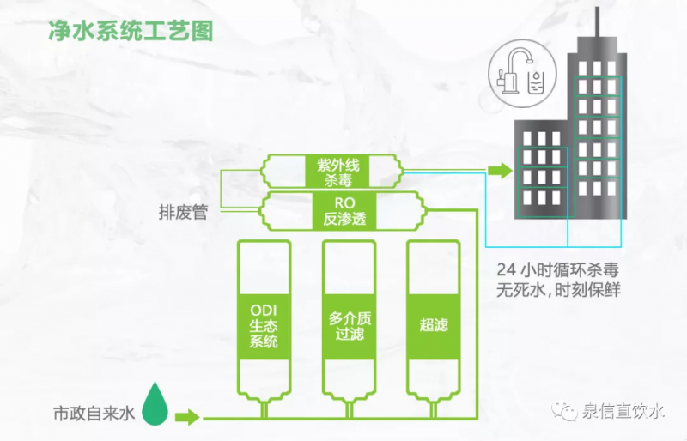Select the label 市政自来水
tap(94, 414)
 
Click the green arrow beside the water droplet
tap(187, 418)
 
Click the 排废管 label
tap(184, 212)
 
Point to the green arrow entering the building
tap(499, 171)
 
